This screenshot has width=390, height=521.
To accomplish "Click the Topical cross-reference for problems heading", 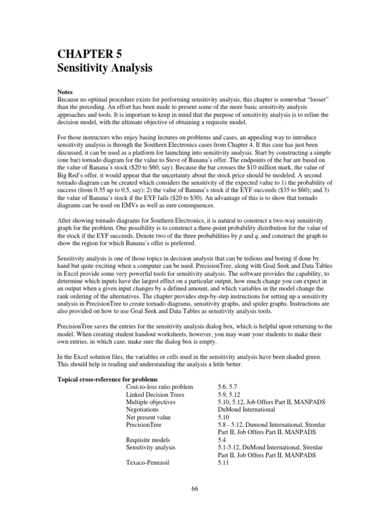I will [x=107, y=380].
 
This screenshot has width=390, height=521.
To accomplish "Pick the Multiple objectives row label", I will [x=151, y=402].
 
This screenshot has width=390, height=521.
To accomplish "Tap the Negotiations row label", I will [x=145, y=410].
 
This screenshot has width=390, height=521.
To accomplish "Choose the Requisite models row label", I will [x=148, y=440].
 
